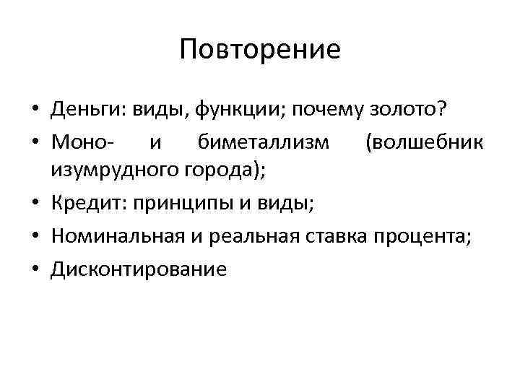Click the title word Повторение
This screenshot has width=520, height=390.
tap(260, 50)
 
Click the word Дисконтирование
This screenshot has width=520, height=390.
tap(139, 269)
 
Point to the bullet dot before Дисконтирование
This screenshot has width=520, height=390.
tap(35, 270)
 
